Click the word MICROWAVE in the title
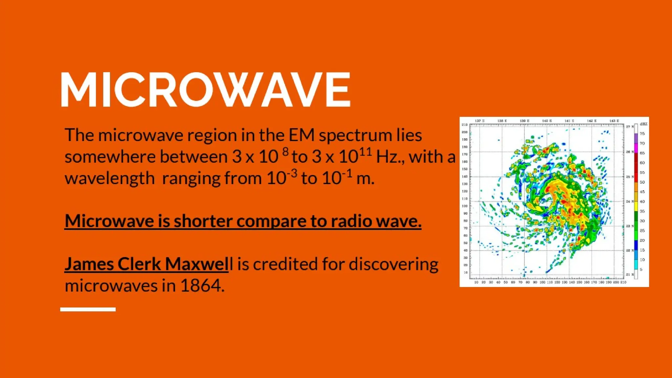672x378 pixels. pyautogui.click(x=205, y=90)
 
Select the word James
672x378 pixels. pyautogui.click(x=89, y=264)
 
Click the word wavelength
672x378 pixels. pyautogui.click(x=110, y=178)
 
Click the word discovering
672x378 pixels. pyautogui.click(x=393, y=264)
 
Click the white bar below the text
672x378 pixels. pyautogui.click(x=88, y=309)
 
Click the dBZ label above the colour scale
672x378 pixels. pyautogui.click(x=643, y=124)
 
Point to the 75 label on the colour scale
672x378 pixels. pyautogui.click(x=642, y=134)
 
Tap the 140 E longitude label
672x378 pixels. pyautogui.click(x=547, y=121)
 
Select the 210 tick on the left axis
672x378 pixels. pyautogui.click(x=465, y=125)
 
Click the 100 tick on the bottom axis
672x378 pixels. pyautogui.click(x=542, y=282)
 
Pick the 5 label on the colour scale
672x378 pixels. pyautogui.click(x=641, y=269)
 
